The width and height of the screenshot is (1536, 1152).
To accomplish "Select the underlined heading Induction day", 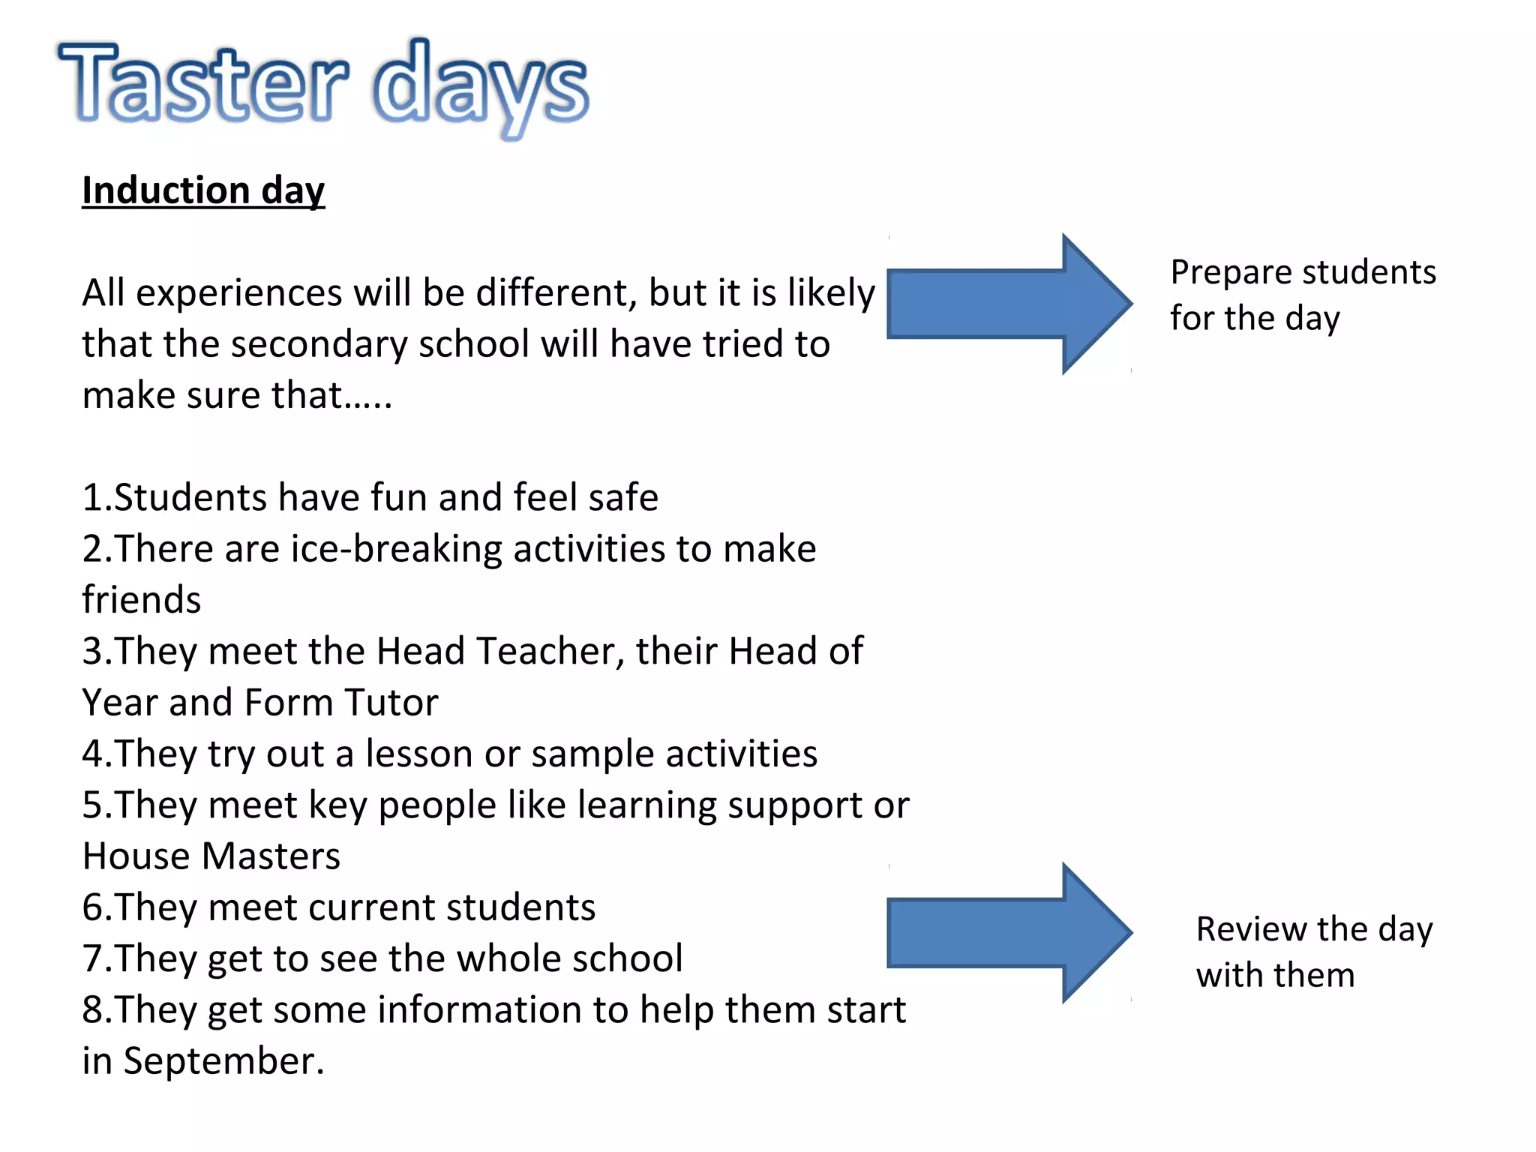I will (203, 190).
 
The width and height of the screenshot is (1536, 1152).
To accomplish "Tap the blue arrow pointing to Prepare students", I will (1009, 304).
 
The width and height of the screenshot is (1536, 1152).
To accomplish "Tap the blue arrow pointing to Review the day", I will (1009, 932).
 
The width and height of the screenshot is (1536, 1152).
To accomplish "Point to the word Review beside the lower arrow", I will (1252, 929).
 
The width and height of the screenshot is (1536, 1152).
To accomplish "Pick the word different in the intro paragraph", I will (556, 293).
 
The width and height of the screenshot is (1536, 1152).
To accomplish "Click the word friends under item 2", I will (142, 600).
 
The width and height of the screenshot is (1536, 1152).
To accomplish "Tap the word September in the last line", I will (223, 1061).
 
